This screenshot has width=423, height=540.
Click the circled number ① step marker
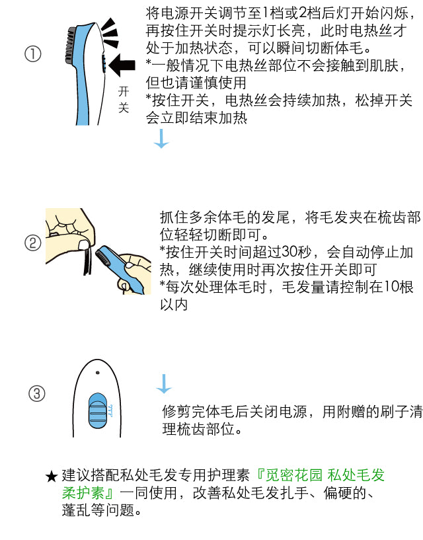pyautogui.click(x=33, y=54)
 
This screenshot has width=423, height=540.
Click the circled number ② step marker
pyautogui.click(x=33, y=243)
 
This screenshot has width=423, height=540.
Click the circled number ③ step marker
pyautogui.click(x=36, y=393)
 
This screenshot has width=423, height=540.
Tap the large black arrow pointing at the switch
pyautogui.click(x=122, y=64)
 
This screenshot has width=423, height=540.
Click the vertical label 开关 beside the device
pyautogui.click(x=124, y=100)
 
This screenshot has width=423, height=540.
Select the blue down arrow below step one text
pyautogui.click(x=161, y=139)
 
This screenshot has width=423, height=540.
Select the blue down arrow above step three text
pyautogui.click(x=164, y=384)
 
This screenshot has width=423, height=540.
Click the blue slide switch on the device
pyautogui.click(x=98, y=411)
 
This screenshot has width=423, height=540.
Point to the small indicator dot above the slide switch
pyautogui.click(x=97, y=373)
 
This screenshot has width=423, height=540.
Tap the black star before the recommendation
pyautogui.click(x=52, y=477)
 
